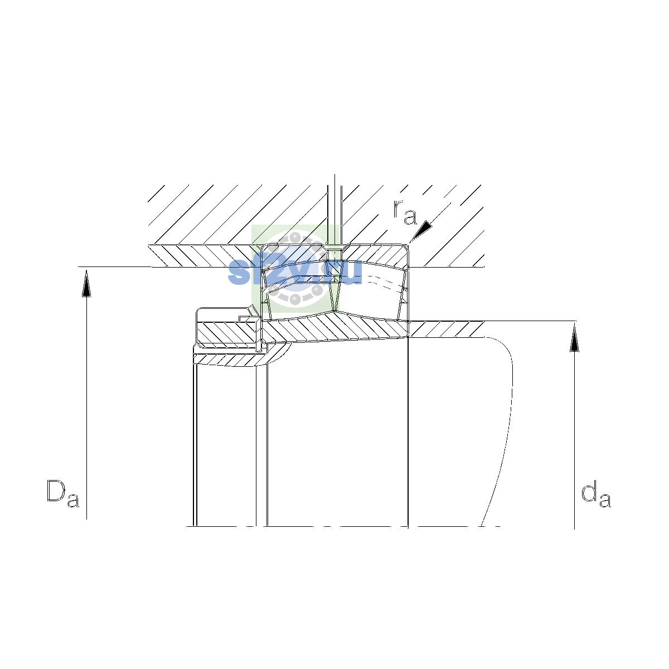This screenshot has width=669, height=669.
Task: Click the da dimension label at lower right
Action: click(x=596, y=494)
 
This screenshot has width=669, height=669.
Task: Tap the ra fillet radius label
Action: click(x=405, y=212)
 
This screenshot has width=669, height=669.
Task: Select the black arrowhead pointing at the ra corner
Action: click(x=422, y=231)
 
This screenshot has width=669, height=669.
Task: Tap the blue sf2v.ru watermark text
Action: click(x=295, y=272)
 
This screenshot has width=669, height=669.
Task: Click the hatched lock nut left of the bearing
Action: click(x=227, y=332)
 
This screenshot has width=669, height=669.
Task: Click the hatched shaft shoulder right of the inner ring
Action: click(x=446, y=329)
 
